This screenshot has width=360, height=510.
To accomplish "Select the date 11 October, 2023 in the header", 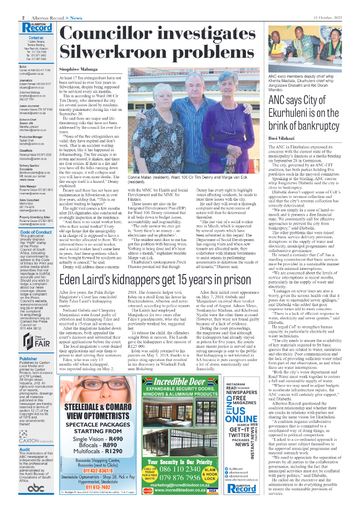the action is (328, 17).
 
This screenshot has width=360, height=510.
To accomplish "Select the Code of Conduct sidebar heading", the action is (36, 232).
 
